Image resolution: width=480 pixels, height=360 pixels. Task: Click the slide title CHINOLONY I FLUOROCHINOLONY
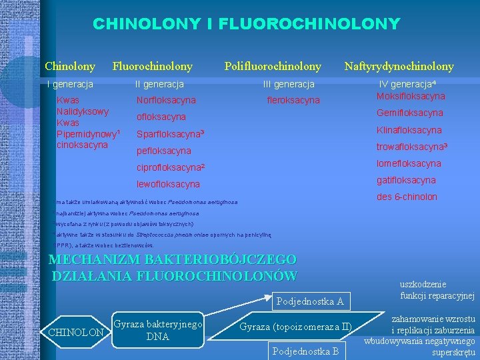(246, 25)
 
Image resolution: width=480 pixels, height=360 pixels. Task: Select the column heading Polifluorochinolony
(273, 66)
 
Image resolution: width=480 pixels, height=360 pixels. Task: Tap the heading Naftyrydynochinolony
(399, 66)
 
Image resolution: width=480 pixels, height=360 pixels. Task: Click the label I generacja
(69, 85)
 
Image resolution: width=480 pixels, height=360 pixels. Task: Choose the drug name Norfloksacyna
(166, 100)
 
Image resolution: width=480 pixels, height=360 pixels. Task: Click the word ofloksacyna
(161, 117)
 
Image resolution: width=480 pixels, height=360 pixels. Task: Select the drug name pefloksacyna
(163, 151)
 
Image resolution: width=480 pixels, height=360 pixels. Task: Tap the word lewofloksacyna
(167, 184)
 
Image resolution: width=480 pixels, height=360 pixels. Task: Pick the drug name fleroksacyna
(293, 101)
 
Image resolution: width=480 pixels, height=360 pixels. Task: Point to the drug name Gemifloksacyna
(409, 113)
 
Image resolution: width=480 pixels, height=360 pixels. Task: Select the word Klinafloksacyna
(409, 130)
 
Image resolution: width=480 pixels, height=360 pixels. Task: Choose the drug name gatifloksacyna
(406, 180)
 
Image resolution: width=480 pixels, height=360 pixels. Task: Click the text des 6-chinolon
(407, 197)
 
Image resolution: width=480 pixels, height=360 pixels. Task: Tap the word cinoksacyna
(82, 145)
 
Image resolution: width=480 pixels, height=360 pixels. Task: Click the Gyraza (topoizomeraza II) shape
(295, 327)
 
